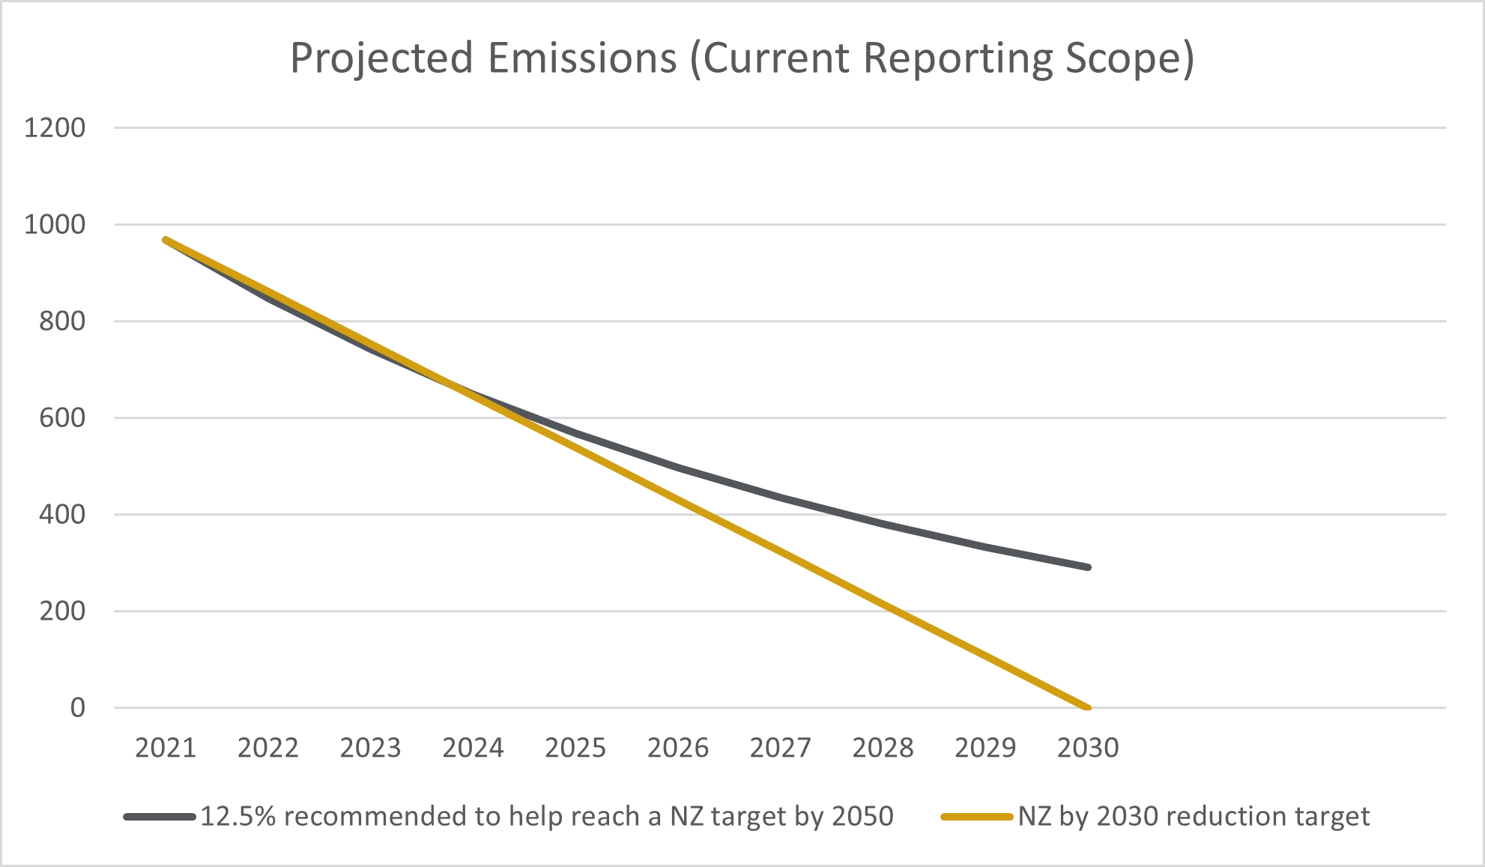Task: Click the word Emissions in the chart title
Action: click(x=582, y=58)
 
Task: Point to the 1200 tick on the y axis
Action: click(x=55, y=128)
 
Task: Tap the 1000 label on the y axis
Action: click(x=55, y=225)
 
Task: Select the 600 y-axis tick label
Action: click(x=62, y=418)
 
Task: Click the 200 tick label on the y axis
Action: click(x=62, y=611)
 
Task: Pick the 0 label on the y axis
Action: click(x=78, y=708)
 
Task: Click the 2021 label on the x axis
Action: click(x=166, y=748)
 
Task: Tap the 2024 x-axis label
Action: click(x=473, y=748)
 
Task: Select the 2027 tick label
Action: click(x=780, y=748)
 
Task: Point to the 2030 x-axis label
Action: click(x=1087, y=748)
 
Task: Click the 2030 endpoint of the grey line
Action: click(x=1087, y=567)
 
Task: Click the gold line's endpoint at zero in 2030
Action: click(x=1086, y=707)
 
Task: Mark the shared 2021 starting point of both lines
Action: click(x=166, y=241)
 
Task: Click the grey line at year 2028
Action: click(x=883, y=524)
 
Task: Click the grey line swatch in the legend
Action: click(x=160, y=817)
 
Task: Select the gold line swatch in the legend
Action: click(x=977, y=817)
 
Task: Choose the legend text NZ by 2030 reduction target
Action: click(x=1194, y=816)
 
